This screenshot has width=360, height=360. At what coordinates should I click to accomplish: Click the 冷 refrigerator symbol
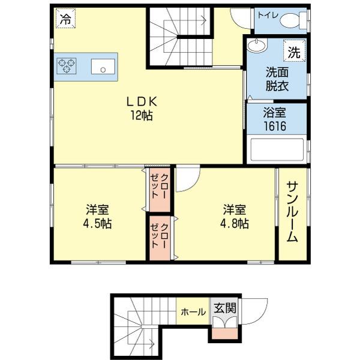(x=64, y=19)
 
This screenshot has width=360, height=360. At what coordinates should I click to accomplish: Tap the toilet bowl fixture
(x=292, y=20)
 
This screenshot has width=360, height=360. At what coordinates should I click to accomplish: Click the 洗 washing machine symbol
(x=293, y=52)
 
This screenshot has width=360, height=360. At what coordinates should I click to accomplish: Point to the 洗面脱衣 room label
(x=277, y=79)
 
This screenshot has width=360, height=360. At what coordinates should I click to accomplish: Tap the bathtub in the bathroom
(x=277, y=149)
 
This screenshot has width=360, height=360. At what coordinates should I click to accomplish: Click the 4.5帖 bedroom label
(x=98, y=217)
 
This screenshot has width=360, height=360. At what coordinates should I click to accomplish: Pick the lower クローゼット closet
(x=160, y=238)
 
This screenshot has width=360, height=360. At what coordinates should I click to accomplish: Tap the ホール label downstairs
(x=193, y=312)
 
